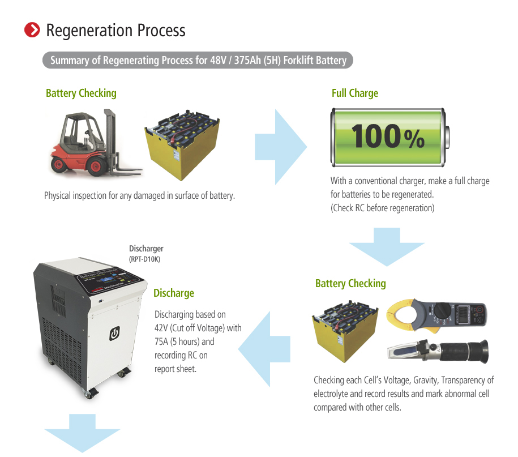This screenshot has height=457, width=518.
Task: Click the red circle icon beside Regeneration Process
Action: click(33, 30)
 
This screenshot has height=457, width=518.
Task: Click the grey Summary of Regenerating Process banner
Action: click(198, 60)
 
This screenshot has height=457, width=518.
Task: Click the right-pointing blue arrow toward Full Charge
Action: click(281, 147)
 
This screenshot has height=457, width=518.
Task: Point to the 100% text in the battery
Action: click(387, 136)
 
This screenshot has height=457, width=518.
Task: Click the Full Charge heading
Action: click(354, 93)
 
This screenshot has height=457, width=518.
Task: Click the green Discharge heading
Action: click(174, 293)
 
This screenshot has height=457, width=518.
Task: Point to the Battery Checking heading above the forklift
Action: click(81, 93)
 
